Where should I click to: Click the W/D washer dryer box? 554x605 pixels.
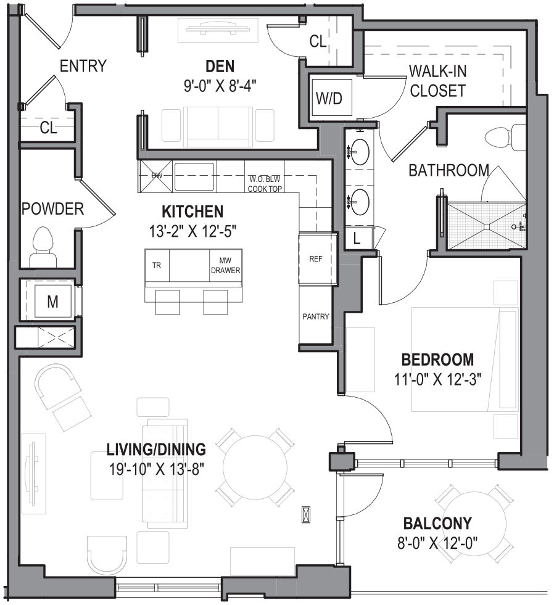pyautogui.click(x=329, y=97)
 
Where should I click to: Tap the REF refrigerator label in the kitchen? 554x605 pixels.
pyautogui.click(x=315, y=259)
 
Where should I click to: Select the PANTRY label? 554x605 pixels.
pyautogui.click(x=315, y=316)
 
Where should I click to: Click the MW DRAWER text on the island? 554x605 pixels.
pyautogui.click(x=225, y=266)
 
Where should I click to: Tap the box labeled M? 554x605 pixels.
pyautogui.click(x=52, y=302)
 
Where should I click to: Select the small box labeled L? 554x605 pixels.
pyautogui.click(x=357, y=239)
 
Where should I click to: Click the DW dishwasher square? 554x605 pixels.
pyautogui.click(x=156, y=176)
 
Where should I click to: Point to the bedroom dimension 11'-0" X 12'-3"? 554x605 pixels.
pyautogui.click(x=437, y=379)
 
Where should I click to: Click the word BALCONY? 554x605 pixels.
pyautogui.click(x=437, y=524)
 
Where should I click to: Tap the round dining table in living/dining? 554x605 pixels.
pyautogui.click(x=255, y=465)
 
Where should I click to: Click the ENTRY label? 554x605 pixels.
pyautogui.click(x=83, y=66)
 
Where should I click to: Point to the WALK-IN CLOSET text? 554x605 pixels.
pyautogui.click(x=437, y=81)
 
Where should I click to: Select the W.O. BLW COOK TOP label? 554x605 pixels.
pyautogui.click(x=265, y=184)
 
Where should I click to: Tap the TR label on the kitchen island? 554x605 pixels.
pyautogui.click(x=157, y=266)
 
